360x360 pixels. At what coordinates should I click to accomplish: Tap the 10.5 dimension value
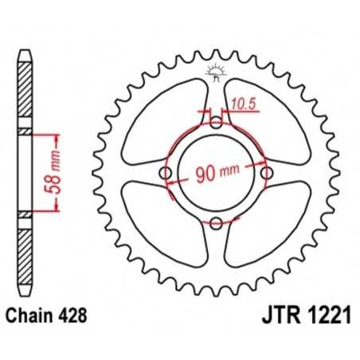(245, 102)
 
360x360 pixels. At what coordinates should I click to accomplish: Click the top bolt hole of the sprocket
(216, 123)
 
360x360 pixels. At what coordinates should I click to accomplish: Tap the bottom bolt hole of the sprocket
(216, 223)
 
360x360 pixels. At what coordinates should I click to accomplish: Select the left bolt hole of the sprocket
(166, 173)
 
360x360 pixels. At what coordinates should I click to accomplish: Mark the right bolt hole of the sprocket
(267, 173)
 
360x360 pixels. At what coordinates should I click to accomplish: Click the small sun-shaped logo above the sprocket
(216, 70)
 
